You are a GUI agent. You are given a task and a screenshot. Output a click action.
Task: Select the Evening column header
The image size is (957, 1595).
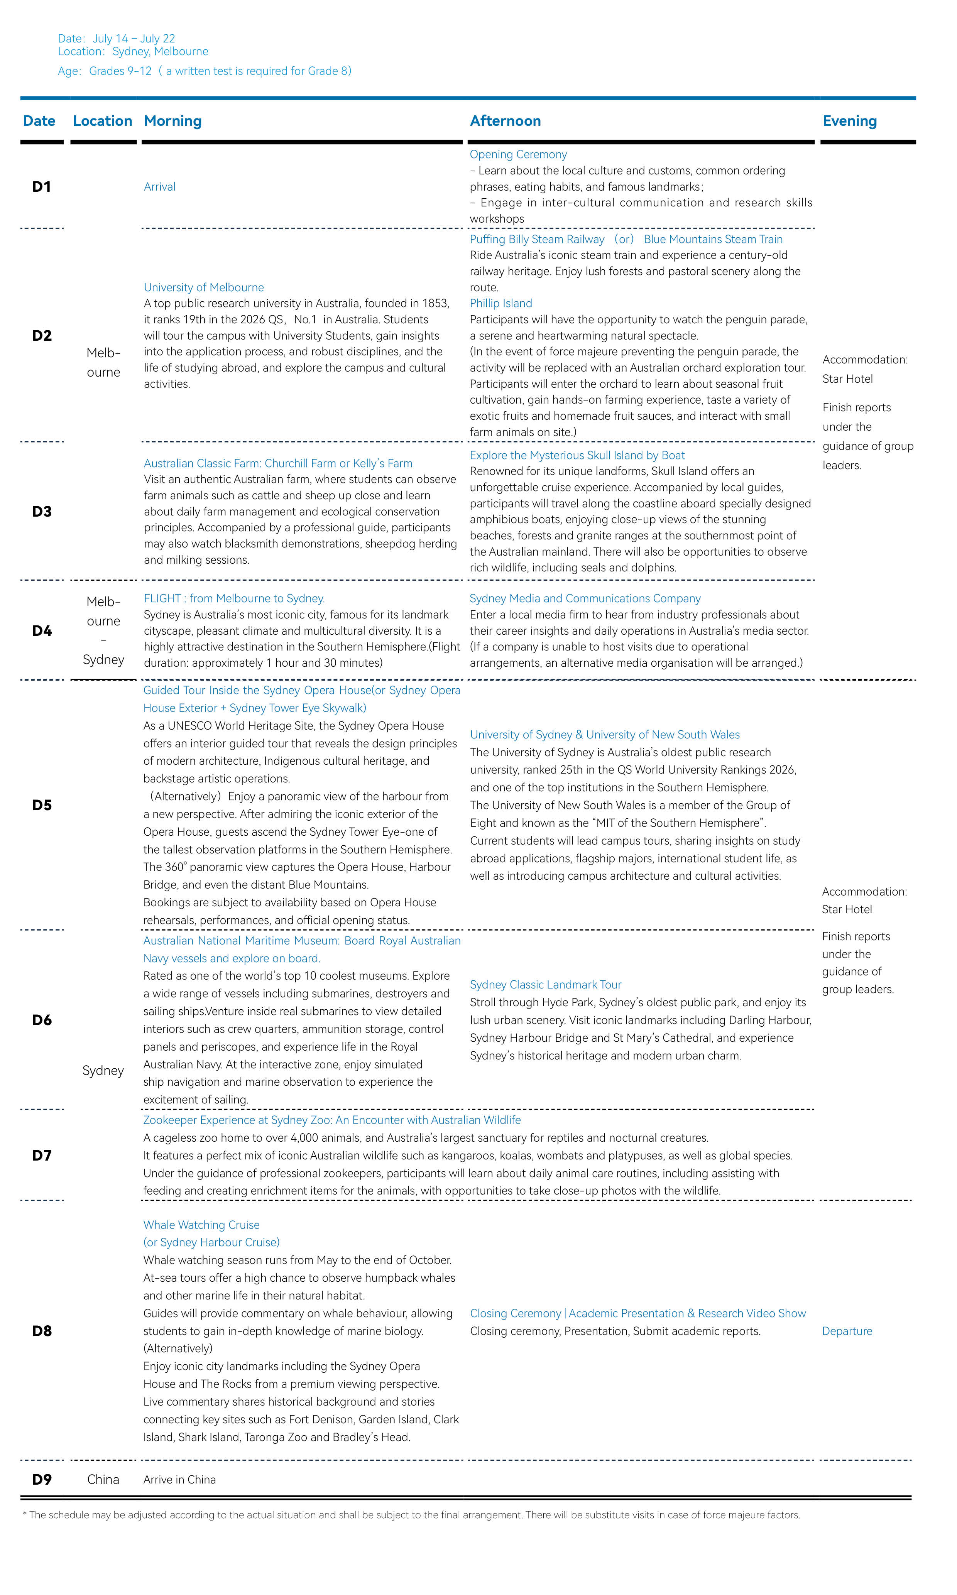(x=849, y=121)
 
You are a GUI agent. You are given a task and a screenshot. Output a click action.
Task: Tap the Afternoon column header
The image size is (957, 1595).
(x=505, y=121)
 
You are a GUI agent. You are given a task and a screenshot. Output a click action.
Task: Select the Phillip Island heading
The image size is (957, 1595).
(x=500, y=304)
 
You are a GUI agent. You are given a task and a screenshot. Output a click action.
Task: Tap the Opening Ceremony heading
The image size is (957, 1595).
(x=518, y=155)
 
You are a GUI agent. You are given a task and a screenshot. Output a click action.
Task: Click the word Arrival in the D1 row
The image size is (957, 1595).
(x=159, y=187)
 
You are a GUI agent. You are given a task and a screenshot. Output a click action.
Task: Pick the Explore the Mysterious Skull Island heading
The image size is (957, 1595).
(x=577, y=455)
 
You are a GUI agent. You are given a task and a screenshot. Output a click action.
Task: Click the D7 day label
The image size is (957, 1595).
(x=42, y=1155)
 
